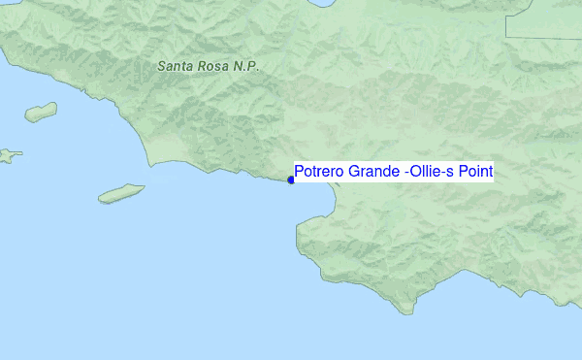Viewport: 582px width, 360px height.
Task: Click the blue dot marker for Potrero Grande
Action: tap(291, 180)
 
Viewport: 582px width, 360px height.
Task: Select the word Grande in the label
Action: tap(372, 173)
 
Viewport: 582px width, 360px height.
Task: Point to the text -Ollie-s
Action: tap(430, 173)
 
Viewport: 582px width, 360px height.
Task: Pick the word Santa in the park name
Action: tap(176, 66)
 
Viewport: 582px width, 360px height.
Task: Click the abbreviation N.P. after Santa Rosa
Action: tap(247, 66)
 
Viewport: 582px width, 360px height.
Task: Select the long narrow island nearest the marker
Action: tap(121, 194)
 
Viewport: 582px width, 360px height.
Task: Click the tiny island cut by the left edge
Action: tap(8, 154)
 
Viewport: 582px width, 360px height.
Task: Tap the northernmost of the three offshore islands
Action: tap(41, 113)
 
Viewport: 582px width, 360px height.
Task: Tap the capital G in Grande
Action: tap(353, 173)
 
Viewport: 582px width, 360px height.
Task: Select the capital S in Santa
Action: tap(162, 66)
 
